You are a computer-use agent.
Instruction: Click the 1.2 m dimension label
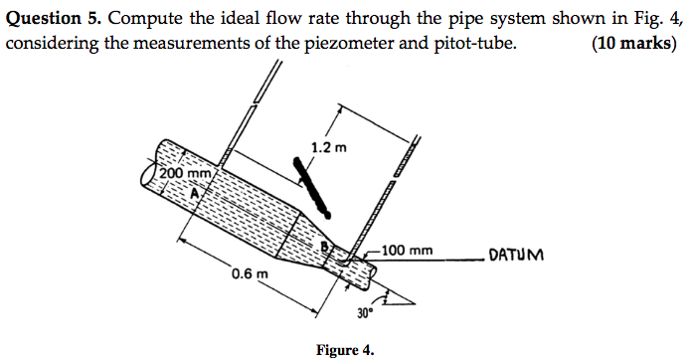pos(328,148)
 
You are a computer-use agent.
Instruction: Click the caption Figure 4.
pos(345,349)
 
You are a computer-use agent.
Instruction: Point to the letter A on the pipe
pos(196,193)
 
